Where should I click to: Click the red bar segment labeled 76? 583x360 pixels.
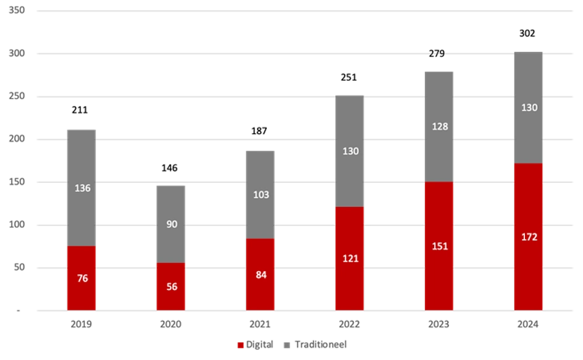click(x=82, y=278)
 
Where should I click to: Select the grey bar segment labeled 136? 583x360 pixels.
click(x=82, y=188)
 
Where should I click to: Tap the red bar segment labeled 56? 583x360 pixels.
click(x=171, y=287)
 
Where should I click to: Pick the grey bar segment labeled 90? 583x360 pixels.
click(x=171, y=224)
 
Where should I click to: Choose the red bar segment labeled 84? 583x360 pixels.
click(x=261, y=274)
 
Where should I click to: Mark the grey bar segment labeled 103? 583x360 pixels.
click(x=261, y=194)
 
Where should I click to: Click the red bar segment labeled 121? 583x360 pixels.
click(x=350, y=258)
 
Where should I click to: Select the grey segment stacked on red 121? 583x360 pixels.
click(x=350, y=151)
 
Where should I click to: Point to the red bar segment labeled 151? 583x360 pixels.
click(x=439, y=246)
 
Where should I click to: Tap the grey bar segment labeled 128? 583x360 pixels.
click(x=439, y=126)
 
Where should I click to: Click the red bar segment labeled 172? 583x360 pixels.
click(x=529, y=237)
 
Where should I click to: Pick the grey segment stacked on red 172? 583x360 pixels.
click(x=529, y=107)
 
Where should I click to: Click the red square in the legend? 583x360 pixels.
click(x=238, y=345)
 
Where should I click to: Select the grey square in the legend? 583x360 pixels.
click(x=286, y=345)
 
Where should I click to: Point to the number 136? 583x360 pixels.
click(x=82, y=188)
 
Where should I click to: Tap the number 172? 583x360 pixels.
click(x=529, y=237)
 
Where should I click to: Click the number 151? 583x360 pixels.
click(x=439, y=246)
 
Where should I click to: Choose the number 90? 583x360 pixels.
click(x=172, y=224)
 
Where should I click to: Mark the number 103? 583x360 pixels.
click(x=261, y=195)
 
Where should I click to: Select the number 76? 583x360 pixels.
click(x=82, y=278)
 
